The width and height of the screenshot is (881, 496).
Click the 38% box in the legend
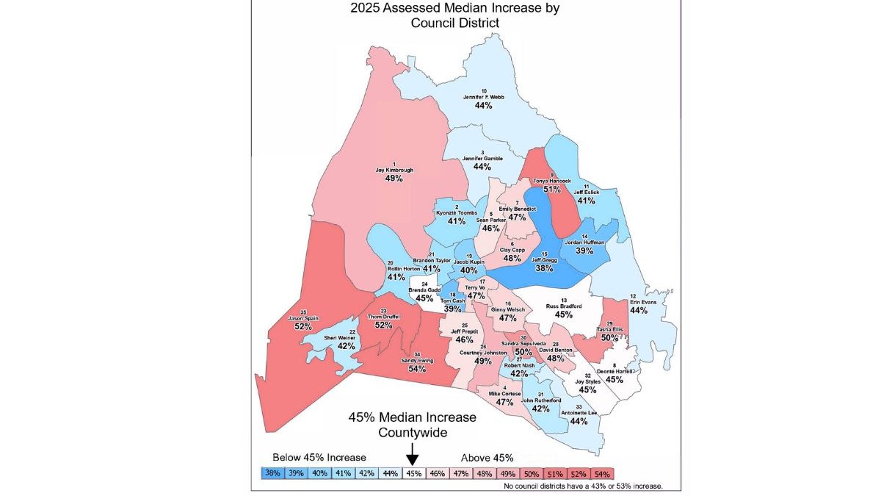coord(273,473)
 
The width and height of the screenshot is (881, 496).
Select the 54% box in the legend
coord(602,473)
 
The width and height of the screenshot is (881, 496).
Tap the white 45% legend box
coord(414,473)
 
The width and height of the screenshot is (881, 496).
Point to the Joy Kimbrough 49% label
coord(394,174)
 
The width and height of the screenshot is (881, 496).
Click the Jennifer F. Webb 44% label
coord(482,99)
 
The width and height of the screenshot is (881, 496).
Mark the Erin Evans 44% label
coord(638,306)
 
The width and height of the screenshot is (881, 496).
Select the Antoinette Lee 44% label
coord(579,417)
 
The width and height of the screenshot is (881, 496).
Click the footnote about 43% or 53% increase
coord(584,486)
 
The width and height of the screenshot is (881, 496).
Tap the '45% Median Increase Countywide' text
coord(412,424)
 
